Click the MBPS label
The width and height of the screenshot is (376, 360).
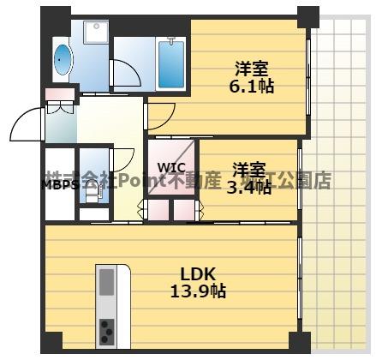(61, 183)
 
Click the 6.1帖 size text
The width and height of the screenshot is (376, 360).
(251, 87)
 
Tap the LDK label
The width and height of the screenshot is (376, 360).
(202, 274)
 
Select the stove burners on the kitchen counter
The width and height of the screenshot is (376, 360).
(107, 330)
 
